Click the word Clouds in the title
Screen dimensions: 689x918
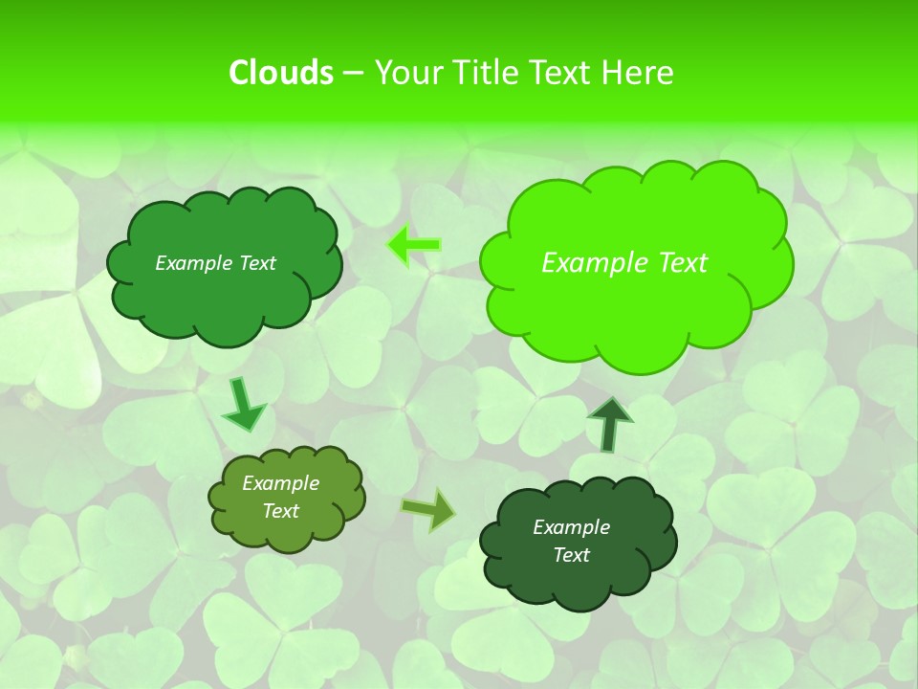coord(280,73)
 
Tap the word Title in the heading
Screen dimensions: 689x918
coord(485,73)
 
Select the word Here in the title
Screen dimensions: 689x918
coord(638,73)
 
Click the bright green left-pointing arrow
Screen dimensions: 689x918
coord(414,246)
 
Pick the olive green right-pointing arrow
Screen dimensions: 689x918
coord(428,509)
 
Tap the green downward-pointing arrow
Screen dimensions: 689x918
coord(244,405)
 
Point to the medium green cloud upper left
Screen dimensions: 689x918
coord(224,297)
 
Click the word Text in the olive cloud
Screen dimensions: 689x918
coord(281,511)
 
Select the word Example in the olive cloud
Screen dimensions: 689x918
coord(281,483)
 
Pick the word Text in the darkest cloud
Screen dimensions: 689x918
coord(571,555)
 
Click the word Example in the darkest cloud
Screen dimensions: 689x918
coord(571,527)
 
